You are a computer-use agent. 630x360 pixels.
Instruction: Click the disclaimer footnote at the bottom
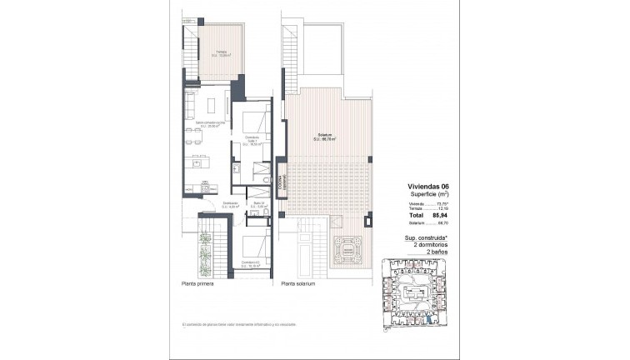(x=232, y=323)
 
